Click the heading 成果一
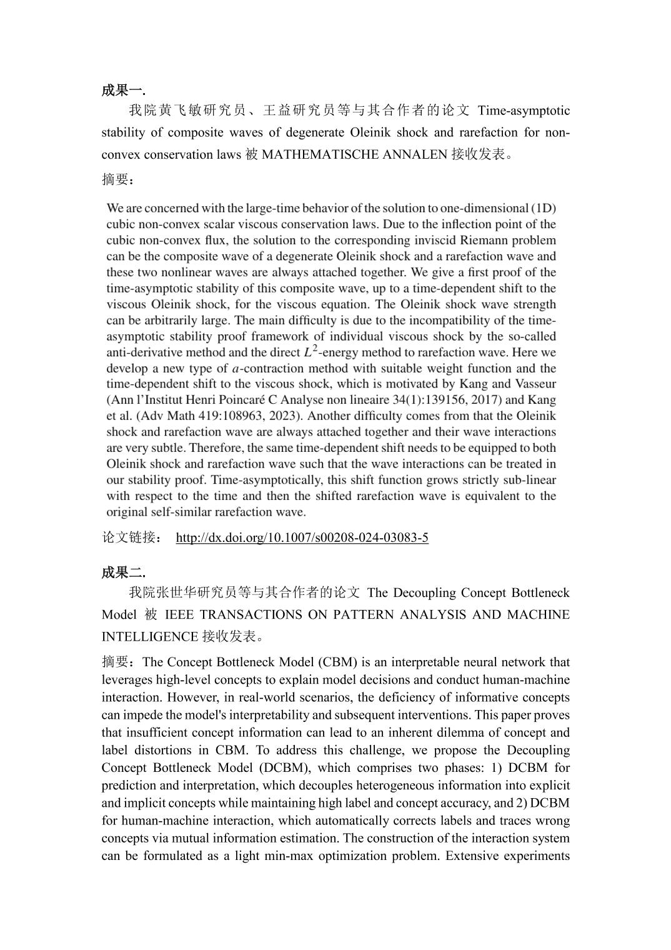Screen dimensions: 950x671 point(123,90)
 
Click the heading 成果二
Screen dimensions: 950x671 point(123,572)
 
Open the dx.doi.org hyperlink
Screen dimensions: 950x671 point(302,537)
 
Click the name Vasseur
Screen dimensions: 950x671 point(534,384)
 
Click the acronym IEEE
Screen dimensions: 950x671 point(179,614)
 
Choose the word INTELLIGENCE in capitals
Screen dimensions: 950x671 point(150,636)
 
